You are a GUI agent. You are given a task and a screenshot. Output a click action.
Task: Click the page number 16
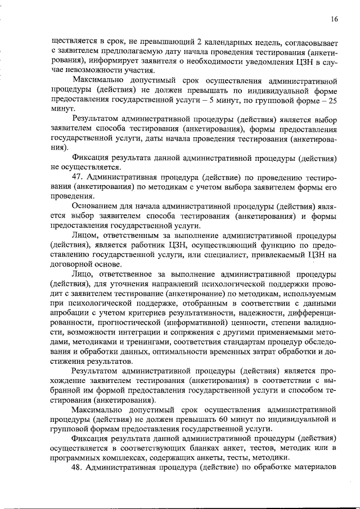[x=334, y=19]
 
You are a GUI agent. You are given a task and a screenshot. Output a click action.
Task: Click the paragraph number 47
[x=78, y=178]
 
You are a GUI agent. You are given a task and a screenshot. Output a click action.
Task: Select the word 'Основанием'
[x=94, y=208]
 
